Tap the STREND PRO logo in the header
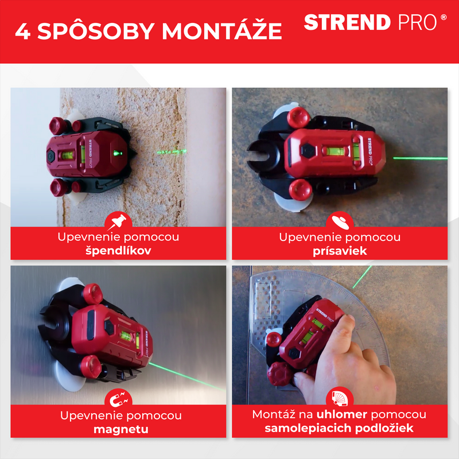click(375, 22)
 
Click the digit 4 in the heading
click(23, 31)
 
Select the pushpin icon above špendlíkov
click(118, 221)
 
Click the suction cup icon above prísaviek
click(340, 222)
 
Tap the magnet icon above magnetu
click(118, 399)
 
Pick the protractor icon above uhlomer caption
click(340, 398)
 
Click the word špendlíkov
click(118, 251)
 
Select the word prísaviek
click(340, 251)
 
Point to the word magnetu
click(121, 429)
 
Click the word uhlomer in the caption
click(341, 414)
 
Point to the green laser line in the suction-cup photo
click(420, 158)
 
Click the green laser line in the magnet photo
click(187, 376)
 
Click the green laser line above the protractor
click(362, 277)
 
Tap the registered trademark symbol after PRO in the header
click(444, 17)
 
